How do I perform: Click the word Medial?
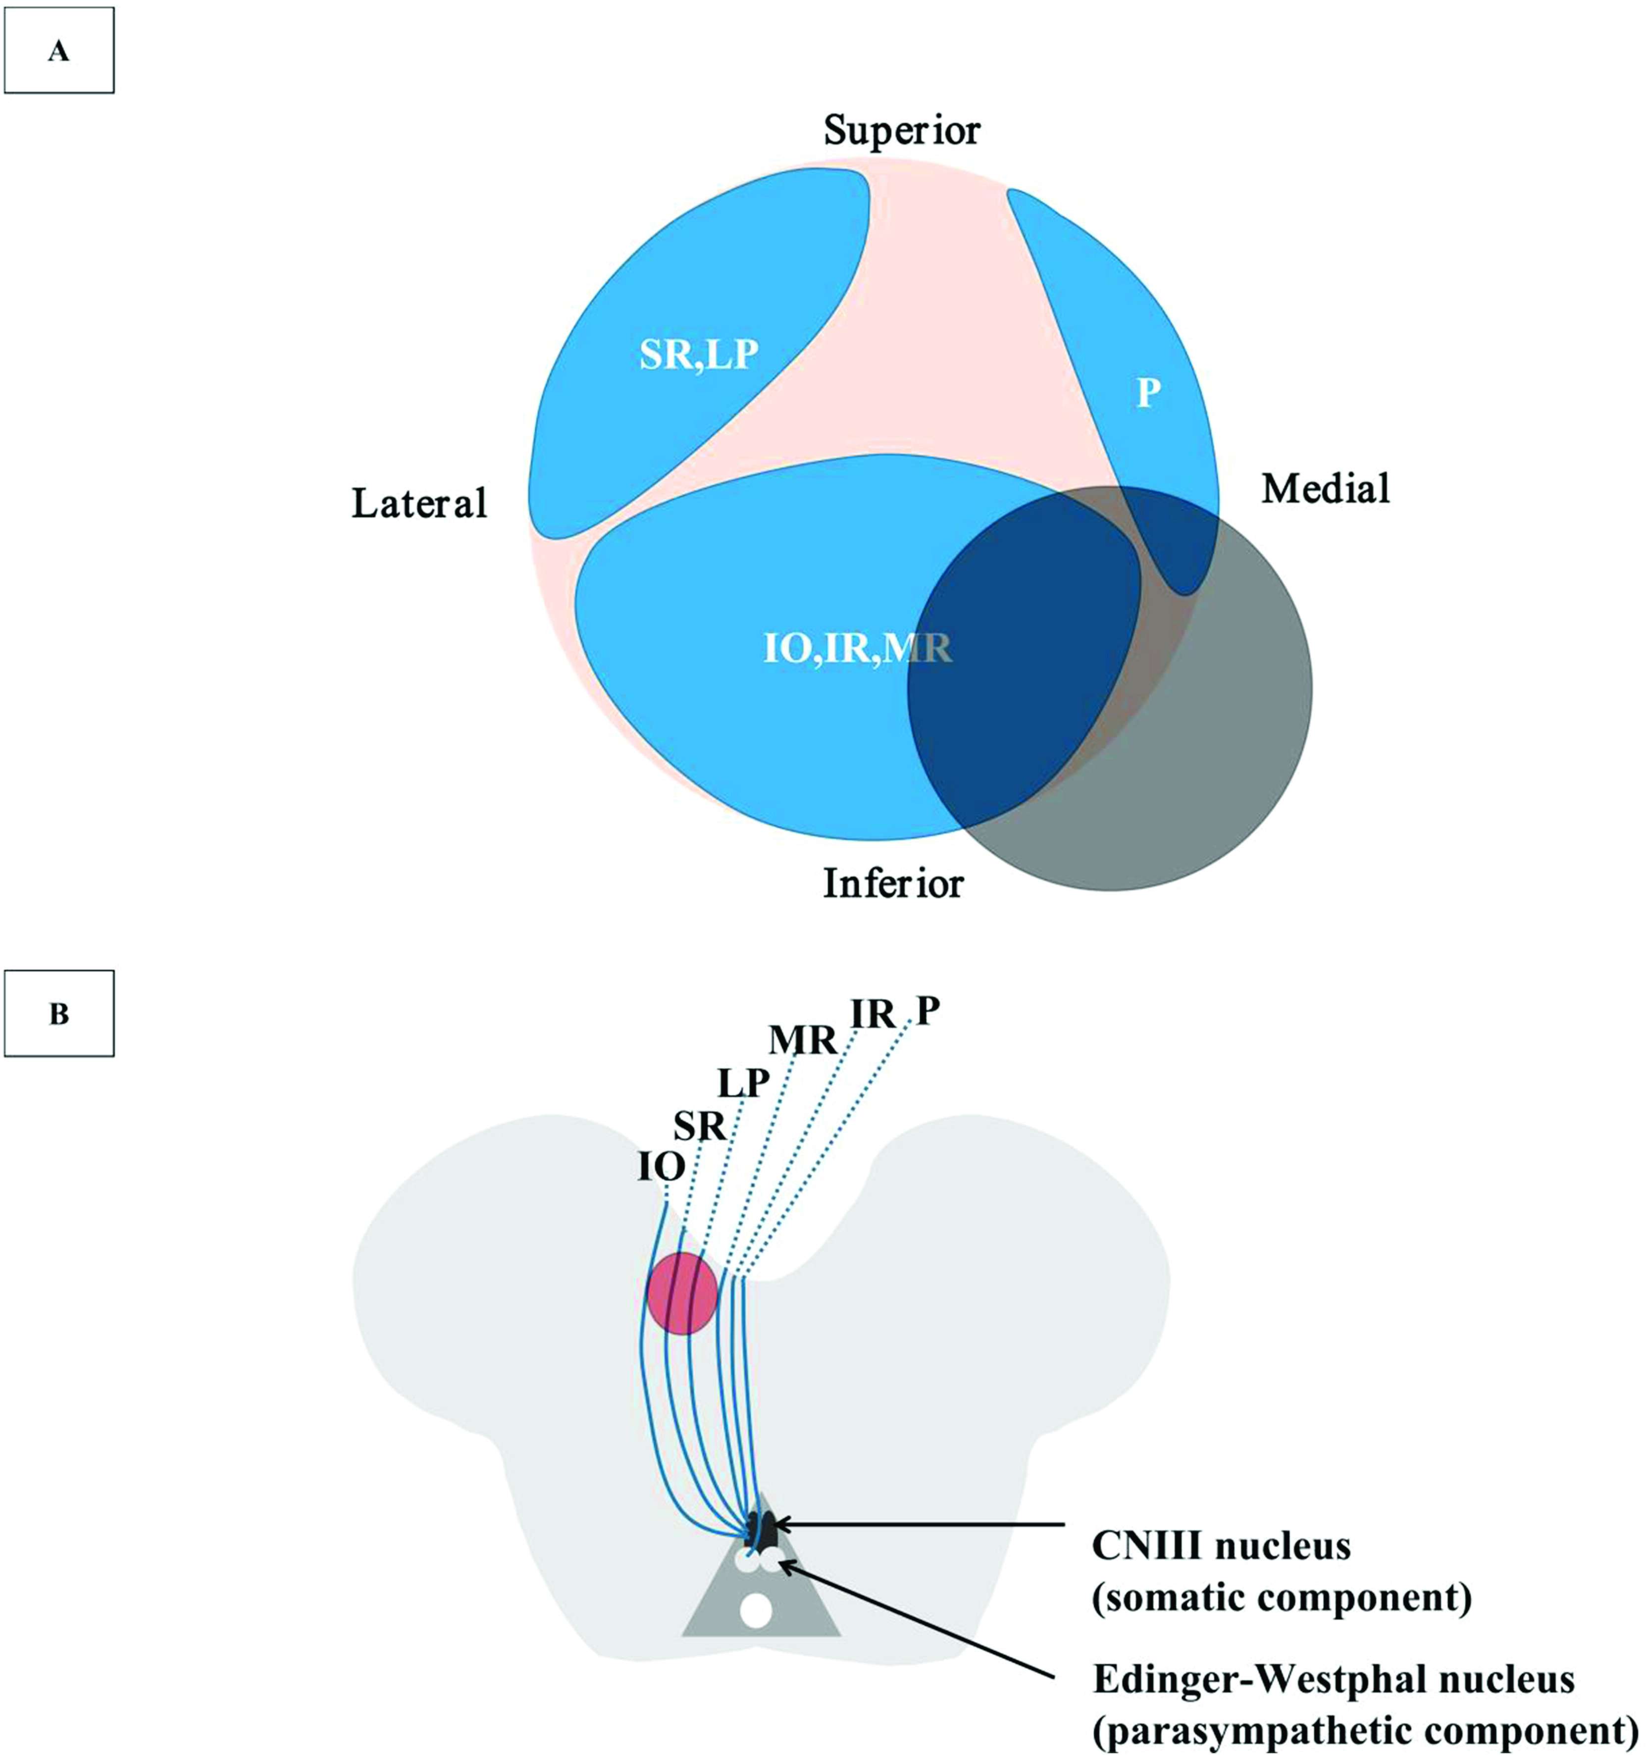tap(1325, 488)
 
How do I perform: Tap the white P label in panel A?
tap(1147, 393)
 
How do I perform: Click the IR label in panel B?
tap(873, 1015)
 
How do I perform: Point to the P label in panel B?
tap(927, 1011)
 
